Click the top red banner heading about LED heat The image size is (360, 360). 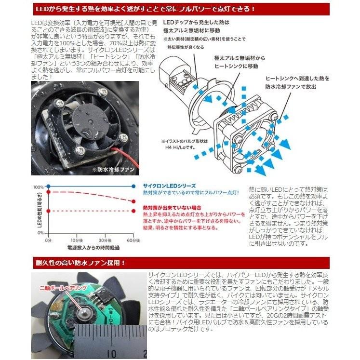click(180, 9)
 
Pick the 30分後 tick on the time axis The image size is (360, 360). click(106, 240)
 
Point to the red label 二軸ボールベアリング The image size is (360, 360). click(58, 288)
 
